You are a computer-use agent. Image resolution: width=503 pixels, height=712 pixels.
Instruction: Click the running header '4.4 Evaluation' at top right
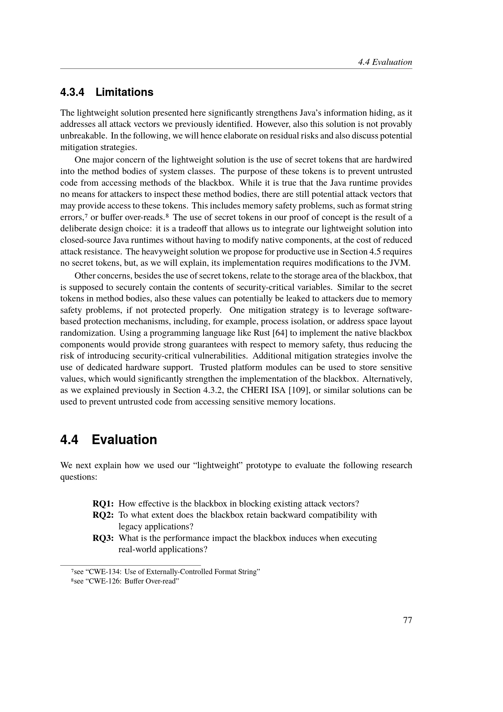click(x=385, y=62)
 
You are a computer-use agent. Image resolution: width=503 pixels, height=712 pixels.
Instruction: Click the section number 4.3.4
click(x=72, y=92)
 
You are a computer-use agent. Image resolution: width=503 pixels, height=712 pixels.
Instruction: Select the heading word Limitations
click(x=124, y=92)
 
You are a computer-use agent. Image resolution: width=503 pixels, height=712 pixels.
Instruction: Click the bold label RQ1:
click(x=103, y=503)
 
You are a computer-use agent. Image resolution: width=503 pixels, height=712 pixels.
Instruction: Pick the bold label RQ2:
click(x=103, y=515)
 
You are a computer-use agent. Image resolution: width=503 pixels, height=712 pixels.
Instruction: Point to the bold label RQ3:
click(x=103, y=538)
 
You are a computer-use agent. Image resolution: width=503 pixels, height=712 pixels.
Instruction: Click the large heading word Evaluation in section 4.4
click(x=124, y=440)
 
